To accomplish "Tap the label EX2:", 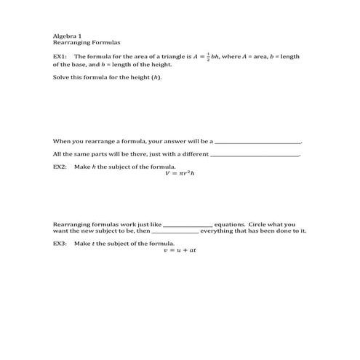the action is click(60, 167).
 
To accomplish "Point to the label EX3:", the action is click(60, 243).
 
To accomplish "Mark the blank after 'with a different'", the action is click(255, 154).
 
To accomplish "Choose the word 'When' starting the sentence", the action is click(61, 141).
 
